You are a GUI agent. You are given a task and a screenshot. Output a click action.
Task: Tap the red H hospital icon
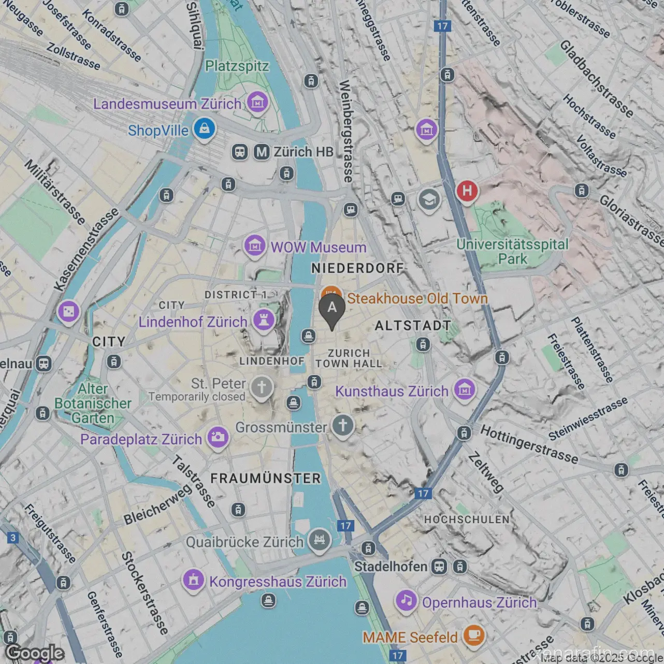(467, 191)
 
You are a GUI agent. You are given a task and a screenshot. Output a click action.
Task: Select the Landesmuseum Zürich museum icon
(257, 102)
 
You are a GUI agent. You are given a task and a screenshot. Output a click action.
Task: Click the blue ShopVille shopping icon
(205, 128)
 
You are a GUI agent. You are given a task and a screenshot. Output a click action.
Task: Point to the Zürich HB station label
(303, 152)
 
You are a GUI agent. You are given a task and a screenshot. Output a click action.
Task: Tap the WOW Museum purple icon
(255, 246)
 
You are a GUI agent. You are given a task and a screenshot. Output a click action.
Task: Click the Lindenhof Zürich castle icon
(264, 320)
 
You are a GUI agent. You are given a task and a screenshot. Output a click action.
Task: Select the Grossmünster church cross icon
(342, 425)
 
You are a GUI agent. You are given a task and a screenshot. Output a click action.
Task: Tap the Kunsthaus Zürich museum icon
(465, 389)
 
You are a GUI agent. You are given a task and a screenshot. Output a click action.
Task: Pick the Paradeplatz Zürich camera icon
(218, 438)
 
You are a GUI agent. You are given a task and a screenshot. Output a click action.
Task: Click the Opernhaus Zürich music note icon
(407, 601)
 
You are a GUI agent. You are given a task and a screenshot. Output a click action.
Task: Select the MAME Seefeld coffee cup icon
(473, 635)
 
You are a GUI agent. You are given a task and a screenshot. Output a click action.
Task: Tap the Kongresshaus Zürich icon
(194, 580)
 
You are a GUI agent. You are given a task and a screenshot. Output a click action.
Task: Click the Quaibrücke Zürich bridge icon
(319, 540)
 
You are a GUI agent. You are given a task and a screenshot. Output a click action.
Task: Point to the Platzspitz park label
(237, 66)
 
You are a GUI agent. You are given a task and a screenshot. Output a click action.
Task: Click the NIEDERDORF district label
(357, 268)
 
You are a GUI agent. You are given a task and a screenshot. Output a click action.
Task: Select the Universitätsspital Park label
(512, 251)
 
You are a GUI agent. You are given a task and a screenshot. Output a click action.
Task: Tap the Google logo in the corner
(34, 653)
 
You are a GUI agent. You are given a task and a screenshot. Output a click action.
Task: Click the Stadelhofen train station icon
(439, 567)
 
